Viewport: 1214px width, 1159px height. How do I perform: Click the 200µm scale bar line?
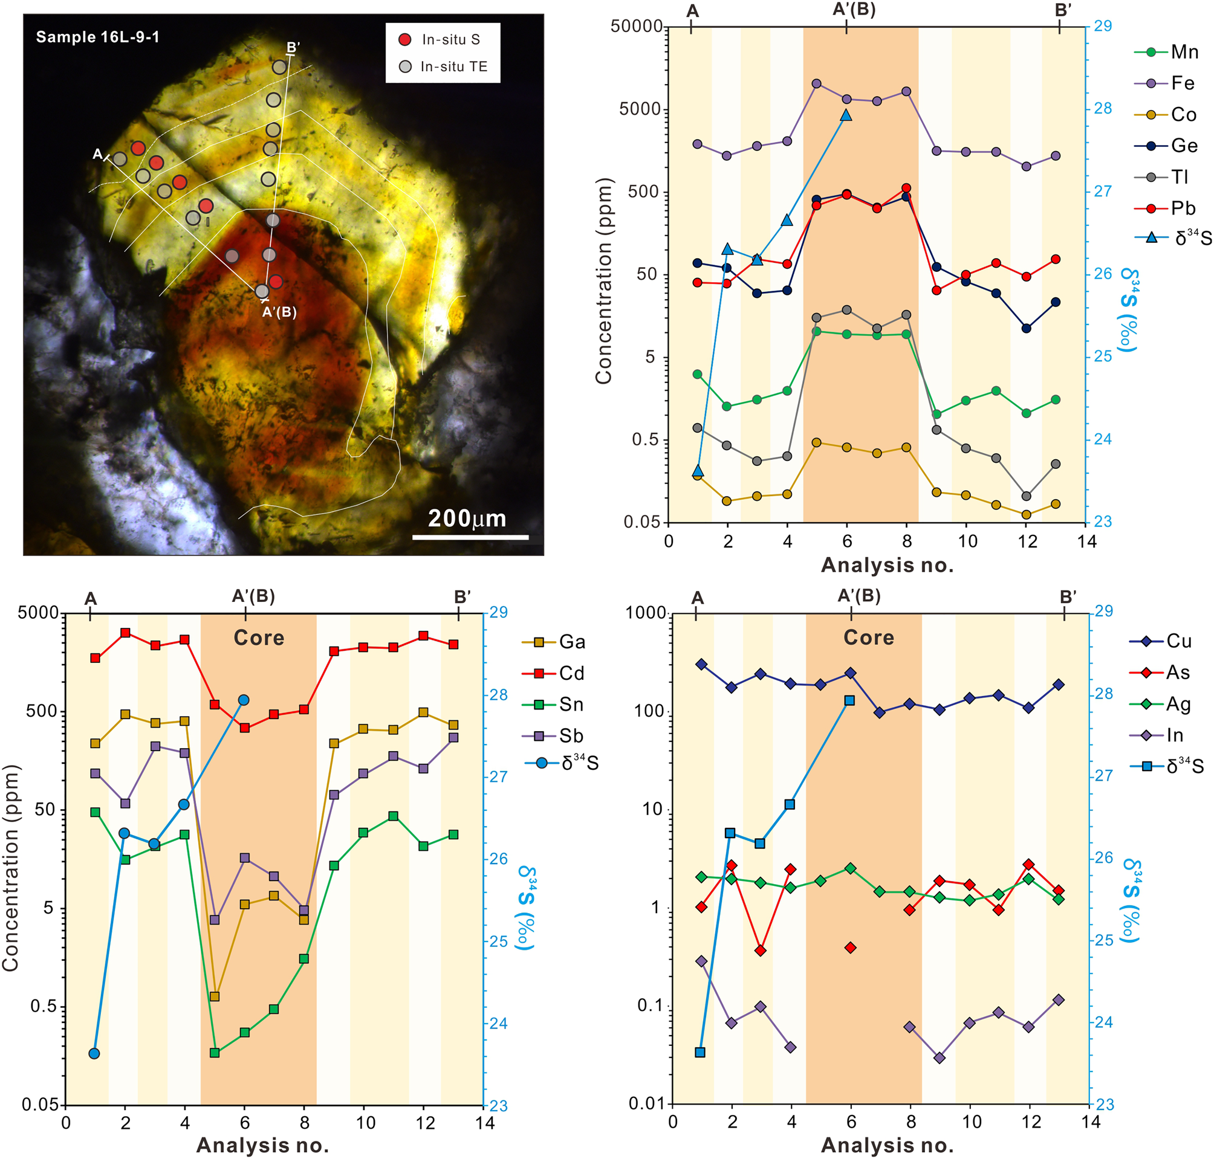point(470,537)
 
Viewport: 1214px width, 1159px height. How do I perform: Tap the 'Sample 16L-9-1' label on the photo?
point(98,37)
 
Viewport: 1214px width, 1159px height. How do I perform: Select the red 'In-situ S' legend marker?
point(405,39)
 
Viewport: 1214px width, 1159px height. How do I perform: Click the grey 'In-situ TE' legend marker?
point(405,66)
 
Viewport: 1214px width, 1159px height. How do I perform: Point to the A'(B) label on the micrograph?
point(279,312)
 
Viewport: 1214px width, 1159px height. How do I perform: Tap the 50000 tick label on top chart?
point(636,27)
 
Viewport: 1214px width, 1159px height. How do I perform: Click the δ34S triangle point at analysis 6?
point(846,115)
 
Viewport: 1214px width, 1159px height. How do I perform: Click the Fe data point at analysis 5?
point(817,83)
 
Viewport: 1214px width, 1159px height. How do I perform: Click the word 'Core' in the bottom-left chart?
point(259,638)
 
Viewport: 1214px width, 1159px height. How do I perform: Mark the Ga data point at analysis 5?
point(215,996)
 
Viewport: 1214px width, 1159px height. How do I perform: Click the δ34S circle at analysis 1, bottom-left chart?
point(94,1053)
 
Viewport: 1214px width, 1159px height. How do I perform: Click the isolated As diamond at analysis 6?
point(851,948)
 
